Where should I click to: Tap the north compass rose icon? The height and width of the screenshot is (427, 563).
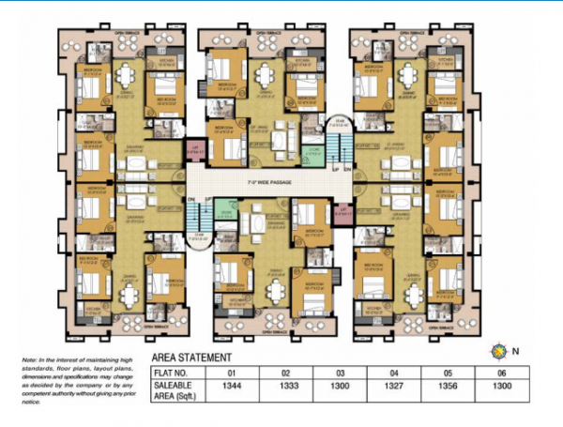(498, 352)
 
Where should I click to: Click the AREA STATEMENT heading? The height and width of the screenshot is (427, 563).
(190, 358)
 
